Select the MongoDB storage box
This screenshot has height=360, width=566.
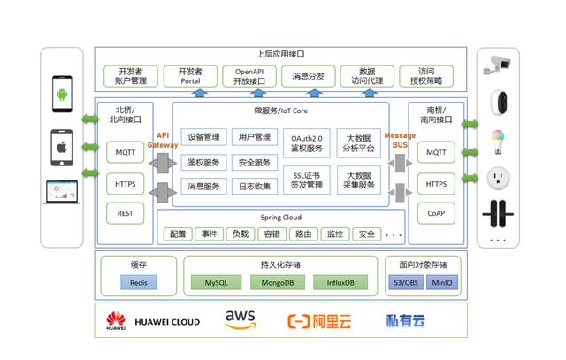278,282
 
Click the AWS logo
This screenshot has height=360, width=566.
241,320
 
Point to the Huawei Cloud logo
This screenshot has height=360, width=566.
152,320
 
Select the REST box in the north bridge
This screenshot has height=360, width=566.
125,212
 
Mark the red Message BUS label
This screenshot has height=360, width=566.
399,140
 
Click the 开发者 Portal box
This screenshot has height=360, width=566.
189,75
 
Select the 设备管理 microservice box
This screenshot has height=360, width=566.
203,138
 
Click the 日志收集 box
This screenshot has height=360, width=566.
254,186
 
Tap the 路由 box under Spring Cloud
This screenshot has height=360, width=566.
303,234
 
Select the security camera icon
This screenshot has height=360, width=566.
496,64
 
